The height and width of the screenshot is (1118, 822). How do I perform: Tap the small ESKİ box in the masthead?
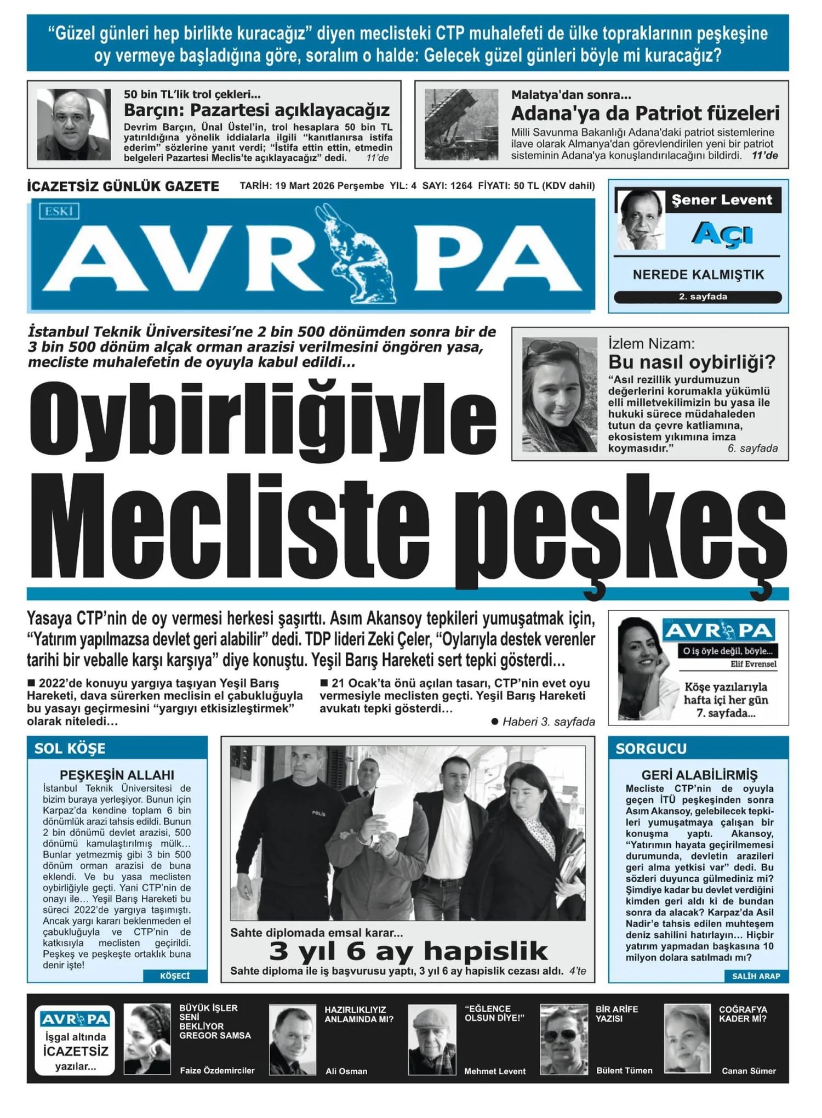59,211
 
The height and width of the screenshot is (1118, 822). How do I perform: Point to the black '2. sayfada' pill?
698,297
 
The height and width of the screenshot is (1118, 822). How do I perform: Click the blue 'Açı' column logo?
722,234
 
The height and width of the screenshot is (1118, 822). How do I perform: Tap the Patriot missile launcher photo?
461,124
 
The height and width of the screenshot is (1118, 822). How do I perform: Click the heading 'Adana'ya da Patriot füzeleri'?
645,113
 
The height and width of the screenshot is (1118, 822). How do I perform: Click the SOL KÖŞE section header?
70,748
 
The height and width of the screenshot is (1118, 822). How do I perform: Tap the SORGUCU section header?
651,748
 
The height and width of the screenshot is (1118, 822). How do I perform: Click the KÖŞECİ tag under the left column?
175,975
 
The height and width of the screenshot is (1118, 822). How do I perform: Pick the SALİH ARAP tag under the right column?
756,975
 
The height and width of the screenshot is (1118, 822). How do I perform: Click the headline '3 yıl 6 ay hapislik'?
408,951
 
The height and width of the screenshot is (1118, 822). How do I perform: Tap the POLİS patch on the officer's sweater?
319,813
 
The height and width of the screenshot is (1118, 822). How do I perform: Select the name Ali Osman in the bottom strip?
346,1071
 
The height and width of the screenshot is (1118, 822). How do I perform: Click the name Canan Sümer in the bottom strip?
749,1071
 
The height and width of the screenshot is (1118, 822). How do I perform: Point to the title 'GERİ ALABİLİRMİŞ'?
699,775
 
